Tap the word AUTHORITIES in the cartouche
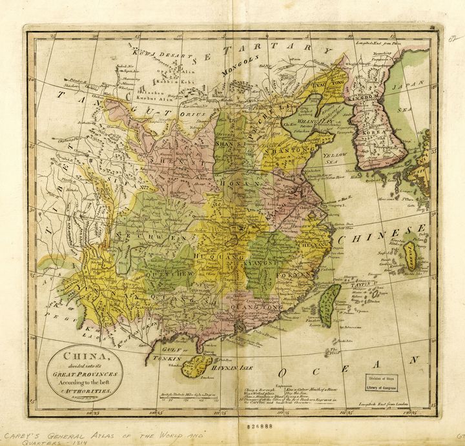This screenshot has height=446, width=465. [x=88, y=391]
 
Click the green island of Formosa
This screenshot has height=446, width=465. [x=330, y=305]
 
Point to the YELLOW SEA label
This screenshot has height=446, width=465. [x=335, y=159]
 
